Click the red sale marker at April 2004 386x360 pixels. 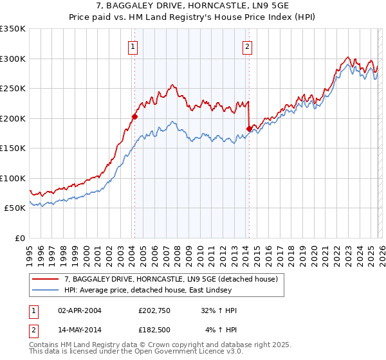134,117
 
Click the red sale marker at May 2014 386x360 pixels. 249,129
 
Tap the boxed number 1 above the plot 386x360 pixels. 133,46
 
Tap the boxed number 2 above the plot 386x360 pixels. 247,46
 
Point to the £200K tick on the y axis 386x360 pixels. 12,118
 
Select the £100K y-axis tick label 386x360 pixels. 12,178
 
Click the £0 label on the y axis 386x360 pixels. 19,238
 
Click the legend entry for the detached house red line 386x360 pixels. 170,279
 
